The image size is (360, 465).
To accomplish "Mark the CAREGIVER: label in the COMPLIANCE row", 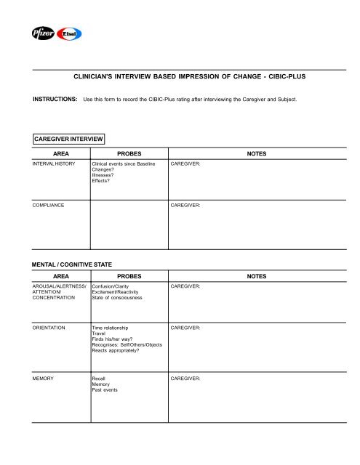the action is (186, 206).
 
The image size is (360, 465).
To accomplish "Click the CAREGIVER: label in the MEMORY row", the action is (186, 379).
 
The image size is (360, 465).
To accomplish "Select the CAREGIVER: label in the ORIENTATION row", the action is (186, 328).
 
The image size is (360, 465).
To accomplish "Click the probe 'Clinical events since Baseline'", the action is (128, 164).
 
